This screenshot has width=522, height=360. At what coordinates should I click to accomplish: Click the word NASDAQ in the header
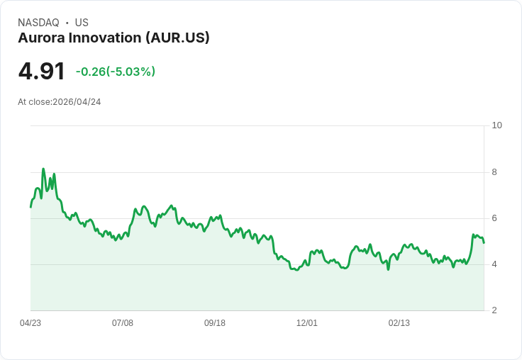coord(38,23)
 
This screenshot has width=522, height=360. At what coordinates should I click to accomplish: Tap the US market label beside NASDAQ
coord(82,23)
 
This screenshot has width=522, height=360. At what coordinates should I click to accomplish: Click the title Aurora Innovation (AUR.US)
coord(113,38)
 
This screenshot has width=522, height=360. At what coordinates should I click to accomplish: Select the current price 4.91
coord(41,71)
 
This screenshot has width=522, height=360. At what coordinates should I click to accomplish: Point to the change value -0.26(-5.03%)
coord(116,72)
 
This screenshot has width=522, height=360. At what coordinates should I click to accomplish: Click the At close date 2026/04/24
coord(77,102)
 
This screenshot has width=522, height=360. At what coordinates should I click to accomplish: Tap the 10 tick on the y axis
coord(496,125)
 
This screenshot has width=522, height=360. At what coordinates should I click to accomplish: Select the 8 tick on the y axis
coord(494,172)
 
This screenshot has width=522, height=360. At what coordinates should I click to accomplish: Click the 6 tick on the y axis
coord(494,218)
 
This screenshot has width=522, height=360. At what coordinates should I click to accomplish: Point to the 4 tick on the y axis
coord(494,264)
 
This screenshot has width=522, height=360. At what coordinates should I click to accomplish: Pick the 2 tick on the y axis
coord(494,310)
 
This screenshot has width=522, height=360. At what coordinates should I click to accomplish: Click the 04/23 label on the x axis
coord(30,323)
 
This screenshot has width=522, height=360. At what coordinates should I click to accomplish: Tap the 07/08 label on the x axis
coord(123,323)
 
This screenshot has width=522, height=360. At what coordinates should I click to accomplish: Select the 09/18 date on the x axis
coord(215,323)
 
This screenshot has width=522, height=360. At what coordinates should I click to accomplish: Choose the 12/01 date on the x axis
coord(307,323)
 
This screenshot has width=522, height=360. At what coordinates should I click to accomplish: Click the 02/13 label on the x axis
coord(399,323)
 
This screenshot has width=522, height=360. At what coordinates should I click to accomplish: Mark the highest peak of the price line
coord(43,169)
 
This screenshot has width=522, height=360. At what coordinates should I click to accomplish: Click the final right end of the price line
coord(484,243)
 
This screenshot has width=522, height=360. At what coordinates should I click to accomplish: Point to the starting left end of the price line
coord(30,207)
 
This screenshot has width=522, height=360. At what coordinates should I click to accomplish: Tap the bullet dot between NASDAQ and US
coord(67,23)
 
